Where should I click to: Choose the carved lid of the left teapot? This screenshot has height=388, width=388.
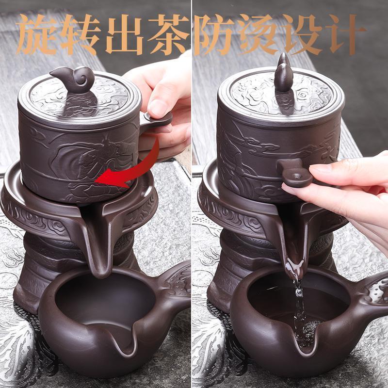pyautogui.click(x=80, y=99)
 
